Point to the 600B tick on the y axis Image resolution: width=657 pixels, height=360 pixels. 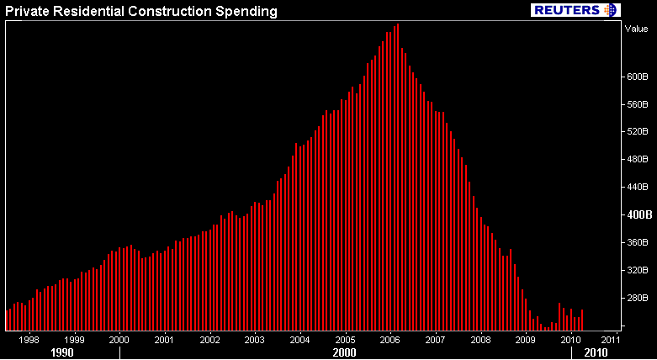[x=634, y=77]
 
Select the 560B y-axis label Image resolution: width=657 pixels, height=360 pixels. [x=634, y=104]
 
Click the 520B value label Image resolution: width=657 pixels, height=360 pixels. [x=634, y=132]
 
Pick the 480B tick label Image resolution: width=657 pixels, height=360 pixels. [x=634, y=159]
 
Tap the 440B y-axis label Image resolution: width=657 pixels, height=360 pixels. [x=634, y=187]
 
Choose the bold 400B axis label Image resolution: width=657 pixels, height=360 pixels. [x=635, y=214]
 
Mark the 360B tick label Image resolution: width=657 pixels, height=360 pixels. [x=634, y=242]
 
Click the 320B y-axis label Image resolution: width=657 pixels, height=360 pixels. [x=634, y=270]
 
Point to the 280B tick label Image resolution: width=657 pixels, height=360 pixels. [x=634, y=298]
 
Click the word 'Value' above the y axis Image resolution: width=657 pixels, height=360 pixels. [x=634, y=28]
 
